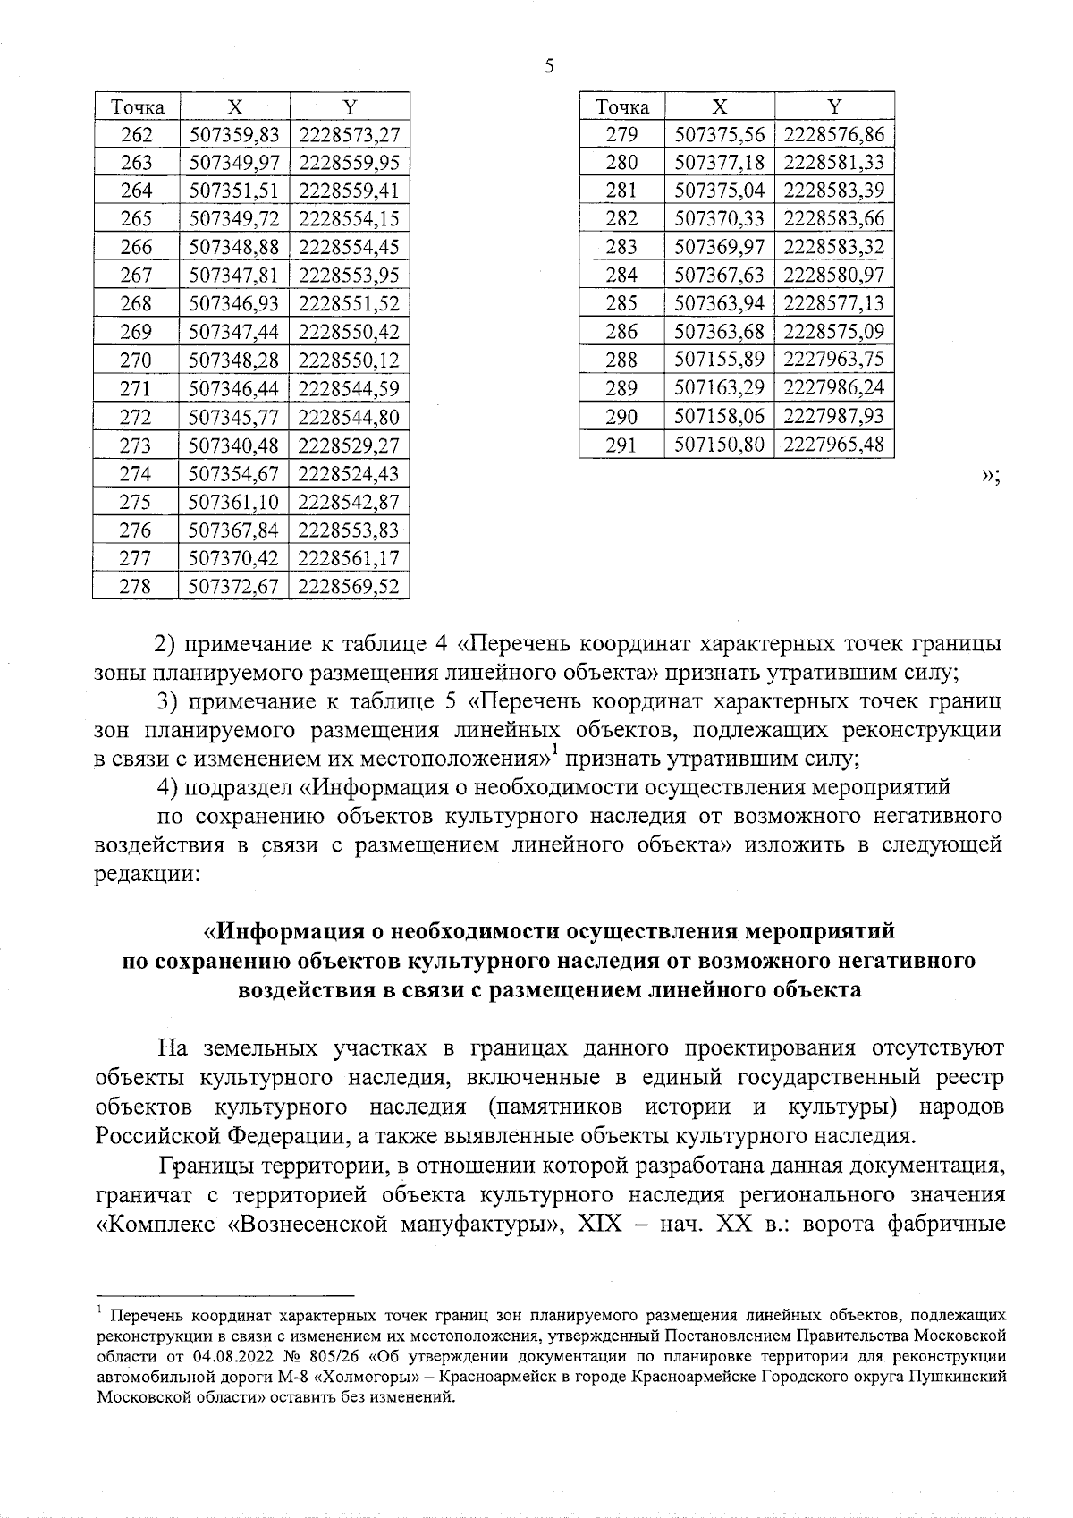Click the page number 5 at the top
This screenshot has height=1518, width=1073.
[x=548, y=66]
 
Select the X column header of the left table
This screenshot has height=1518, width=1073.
[x=234, y=106]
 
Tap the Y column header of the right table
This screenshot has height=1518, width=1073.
[x=834, y=106]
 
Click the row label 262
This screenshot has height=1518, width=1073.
[x=136, y=135]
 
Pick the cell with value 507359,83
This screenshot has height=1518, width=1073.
[x=235, y=135]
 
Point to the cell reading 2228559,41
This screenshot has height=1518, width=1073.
[x=349, y=191]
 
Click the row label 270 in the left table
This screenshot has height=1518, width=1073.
[x=136, y=360]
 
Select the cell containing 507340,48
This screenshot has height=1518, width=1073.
[x=235, y=445]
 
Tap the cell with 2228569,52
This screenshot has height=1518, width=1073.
[x=349, y=587]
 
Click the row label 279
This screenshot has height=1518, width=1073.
[x=621, y=135]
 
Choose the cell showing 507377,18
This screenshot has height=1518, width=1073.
[x=720, y=163]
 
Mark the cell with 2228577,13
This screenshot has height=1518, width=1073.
[x=834, y=303]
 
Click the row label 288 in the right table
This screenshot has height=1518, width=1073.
[x=621, y=360]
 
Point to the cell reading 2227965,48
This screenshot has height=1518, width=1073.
[x=834, y=445]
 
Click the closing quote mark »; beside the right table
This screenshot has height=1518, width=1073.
[x=990, y=476]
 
